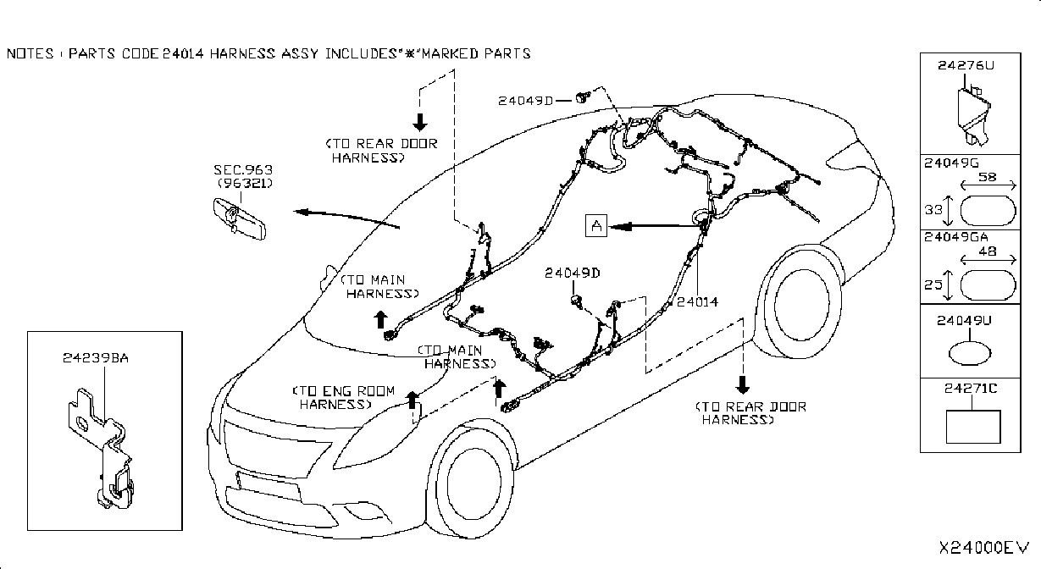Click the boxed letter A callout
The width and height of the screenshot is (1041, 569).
click(x=596, y=226)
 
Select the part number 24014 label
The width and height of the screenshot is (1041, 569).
click(x=697, y=302)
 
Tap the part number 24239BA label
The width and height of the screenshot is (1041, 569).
click(x=95, y=357)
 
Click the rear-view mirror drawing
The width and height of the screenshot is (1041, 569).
click(x=240, y=218)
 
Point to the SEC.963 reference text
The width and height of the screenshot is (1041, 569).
click(x=243, y=169)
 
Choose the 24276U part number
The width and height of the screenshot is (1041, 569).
click(x=966, y=65)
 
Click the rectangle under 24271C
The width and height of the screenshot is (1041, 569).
click(x=973, y=427)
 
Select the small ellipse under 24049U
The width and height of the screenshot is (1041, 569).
click(x=970, y=354)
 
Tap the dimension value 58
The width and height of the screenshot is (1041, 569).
click(x=987, y=177)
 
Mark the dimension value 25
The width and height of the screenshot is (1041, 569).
click(x=933, y=284)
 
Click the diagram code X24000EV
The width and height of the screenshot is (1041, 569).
click(x=984, y=548)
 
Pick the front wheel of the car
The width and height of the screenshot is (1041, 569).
click(x=470, y=483)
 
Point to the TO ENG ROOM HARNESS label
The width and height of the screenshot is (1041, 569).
click(x=343, y=398)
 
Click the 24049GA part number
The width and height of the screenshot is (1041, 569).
click(x=955, y=237)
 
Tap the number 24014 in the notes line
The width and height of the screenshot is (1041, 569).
click(x=183, y=54)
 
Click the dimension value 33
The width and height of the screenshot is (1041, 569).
click(x=933, y=211)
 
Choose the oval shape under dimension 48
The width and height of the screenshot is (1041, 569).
click(x=988, y=285)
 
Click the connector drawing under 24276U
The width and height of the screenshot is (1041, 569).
click(x=973, y=114)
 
